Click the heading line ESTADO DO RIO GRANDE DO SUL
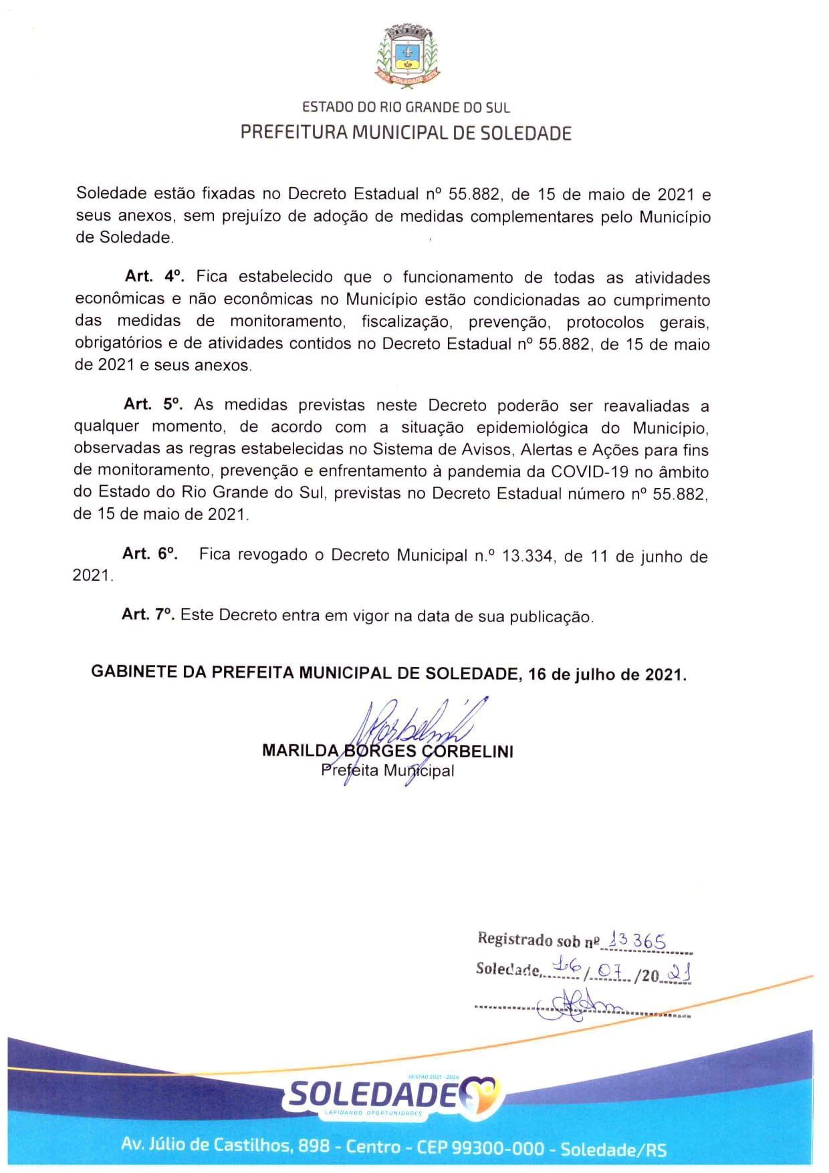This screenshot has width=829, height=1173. [x=406, y=107]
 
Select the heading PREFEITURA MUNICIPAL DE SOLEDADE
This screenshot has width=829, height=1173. [x=406, y=132]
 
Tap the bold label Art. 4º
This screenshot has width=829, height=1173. [x=154, y=277]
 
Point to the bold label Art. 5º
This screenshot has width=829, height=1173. [x=153, y=404]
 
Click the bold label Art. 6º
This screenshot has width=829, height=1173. [x=150, y=553]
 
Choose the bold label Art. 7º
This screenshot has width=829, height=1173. [x=148, y=614]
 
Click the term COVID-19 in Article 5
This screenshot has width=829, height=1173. [x=590, y=472]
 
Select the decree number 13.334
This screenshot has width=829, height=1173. [x=527, y=556]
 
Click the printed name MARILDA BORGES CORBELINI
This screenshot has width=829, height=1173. [x=388, y=751]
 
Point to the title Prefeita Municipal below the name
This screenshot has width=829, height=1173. [x=388, y=771]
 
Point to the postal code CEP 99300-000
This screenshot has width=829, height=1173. [x=480, y=1148]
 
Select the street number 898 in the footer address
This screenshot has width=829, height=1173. [x=314, y=1146]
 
